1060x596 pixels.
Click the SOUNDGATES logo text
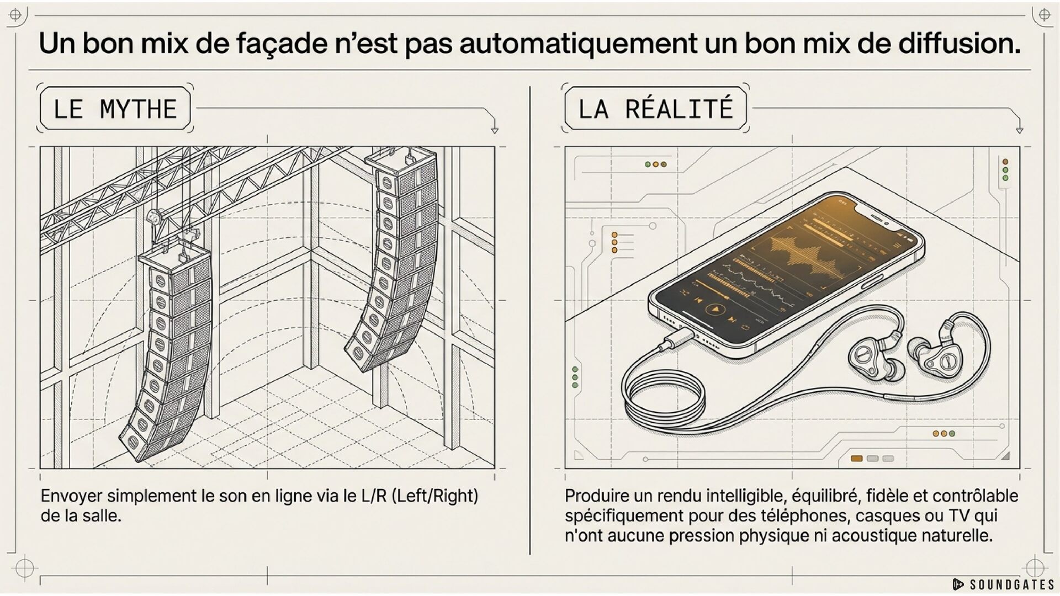[1012, 584]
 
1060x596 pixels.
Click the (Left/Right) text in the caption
[435, 496]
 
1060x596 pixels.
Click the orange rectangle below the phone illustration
[856, 459]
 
